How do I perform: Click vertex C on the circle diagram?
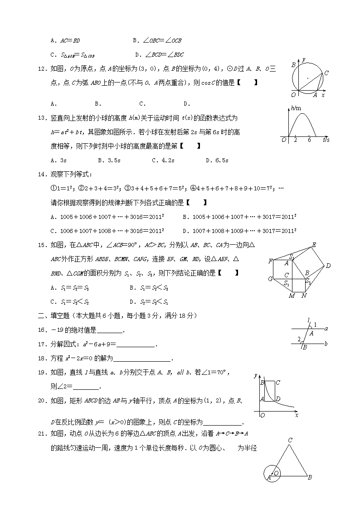[x=326, y=73]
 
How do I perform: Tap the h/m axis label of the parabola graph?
[x=297, y=108]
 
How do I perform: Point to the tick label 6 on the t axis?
[x=309, y=140]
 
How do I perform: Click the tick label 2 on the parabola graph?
[x=295, y=140]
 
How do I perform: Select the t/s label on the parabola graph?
[x=326, y=140]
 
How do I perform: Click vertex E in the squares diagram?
[x=313, y=245]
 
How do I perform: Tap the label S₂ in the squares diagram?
[x=287, y=283]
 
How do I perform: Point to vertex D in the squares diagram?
[x=328, y=266]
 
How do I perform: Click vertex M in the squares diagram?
[x=292, y=296]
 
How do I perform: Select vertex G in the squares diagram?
[x=270, y=279]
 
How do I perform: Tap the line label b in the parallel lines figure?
[x=326, y=344]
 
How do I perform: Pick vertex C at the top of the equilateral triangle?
[x=290, y=440]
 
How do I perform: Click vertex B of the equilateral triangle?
[x=309, y=477]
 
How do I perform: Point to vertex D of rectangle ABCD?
[x=277, y=399]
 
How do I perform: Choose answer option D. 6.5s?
[x=217, y=160]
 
